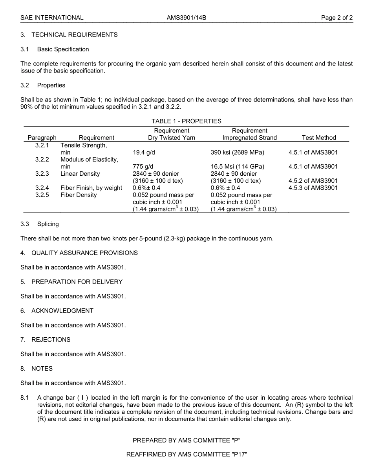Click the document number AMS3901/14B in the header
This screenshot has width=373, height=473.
coord(186,18)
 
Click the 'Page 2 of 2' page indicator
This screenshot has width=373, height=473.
coord(336,18)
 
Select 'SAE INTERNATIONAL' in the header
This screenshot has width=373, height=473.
coord(52,18)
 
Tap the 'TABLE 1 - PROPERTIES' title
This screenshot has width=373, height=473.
coord(186,121)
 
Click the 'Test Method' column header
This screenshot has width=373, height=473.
coord(319,138)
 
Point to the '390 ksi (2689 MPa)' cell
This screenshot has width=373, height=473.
coord(237,153)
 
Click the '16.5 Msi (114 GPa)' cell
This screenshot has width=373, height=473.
coord(237,167)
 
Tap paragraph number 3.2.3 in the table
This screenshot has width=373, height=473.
coord(42,174)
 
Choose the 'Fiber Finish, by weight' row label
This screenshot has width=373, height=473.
coord(91,188)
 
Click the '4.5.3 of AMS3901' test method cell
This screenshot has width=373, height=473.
coord(313,188)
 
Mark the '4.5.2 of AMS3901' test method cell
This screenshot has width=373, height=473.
coord(313,181)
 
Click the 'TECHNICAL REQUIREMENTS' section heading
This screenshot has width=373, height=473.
coord(74,35)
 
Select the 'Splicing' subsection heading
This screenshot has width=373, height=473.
coord(48,224)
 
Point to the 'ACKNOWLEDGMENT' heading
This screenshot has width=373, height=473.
coord(62,311)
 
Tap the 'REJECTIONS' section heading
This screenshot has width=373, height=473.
coord(51,340)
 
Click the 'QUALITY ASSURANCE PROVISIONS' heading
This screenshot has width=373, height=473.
coord(84,253)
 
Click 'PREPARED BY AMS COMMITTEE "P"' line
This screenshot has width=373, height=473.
coord(186,440)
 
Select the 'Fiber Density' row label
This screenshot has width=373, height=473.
coord(79,195)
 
